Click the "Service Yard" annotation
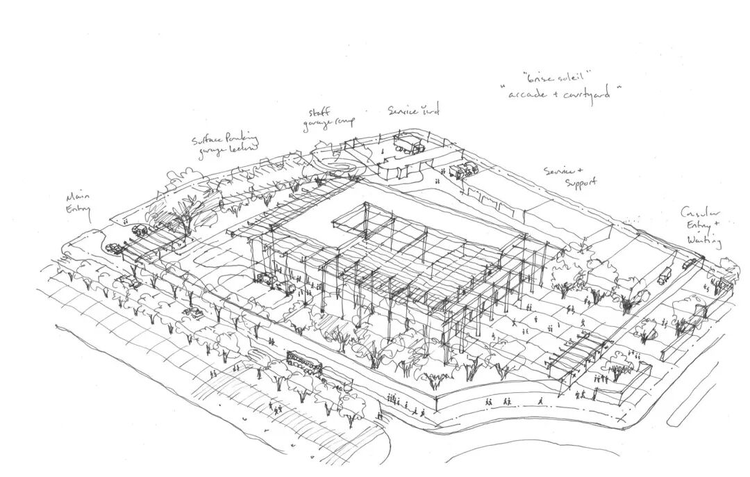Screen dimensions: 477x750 (413, 110)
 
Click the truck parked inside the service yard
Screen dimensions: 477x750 (408, 145)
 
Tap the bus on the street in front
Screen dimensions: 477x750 (304, 362)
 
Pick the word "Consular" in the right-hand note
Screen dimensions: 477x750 (699, 213)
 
